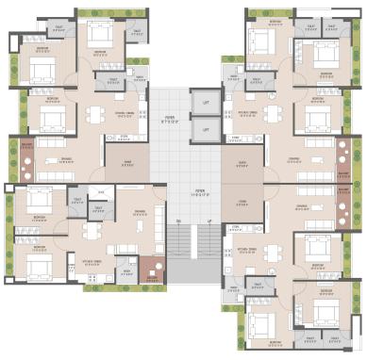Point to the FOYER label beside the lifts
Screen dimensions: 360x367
[x=169, y=121]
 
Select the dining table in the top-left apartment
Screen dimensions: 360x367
[x=94, y=115]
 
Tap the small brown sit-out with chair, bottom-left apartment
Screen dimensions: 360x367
[x=153, y=271]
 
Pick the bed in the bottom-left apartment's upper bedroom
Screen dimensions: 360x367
[x=38, y=203]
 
